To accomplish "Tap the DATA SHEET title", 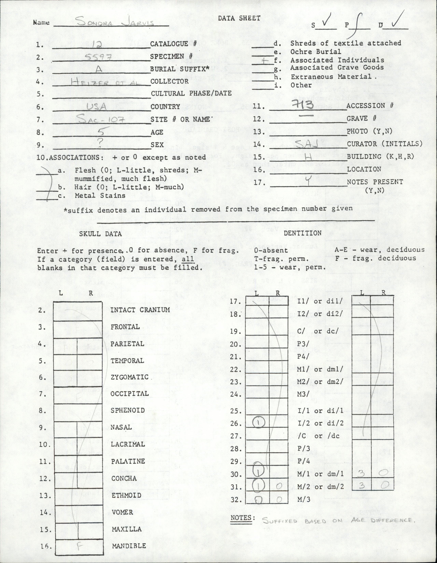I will tap(239, 18).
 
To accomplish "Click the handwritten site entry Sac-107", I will tap(101, 120).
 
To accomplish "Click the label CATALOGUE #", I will tap(173, 44).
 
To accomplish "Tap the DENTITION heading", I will tap(302, 233).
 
